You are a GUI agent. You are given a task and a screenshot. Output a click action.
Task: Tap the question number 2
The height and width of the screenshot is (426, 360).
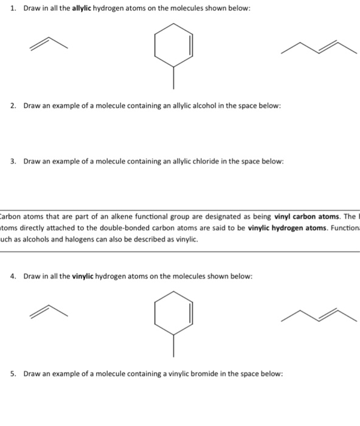(x=13, y=106)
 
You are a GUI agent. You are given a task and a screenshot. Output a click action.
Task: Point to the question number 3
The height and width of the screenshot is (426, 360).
(x=13, y=162)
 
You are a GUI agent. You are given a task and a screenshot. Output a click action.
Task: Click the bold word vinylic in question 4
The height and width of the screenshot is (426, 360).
(x=85, y=276)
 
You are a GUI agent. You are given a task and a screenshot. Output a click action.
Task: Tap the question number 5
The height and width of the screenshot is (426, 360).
(x=13, y=374)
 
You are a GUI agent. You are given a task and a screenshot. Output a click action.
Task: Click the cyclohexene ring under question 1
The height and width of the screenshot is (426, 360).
(x=174, y=45)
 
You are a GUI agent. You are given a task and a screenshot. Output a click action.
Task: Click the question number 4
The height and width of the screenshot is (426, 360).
(x=13, y=276)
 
